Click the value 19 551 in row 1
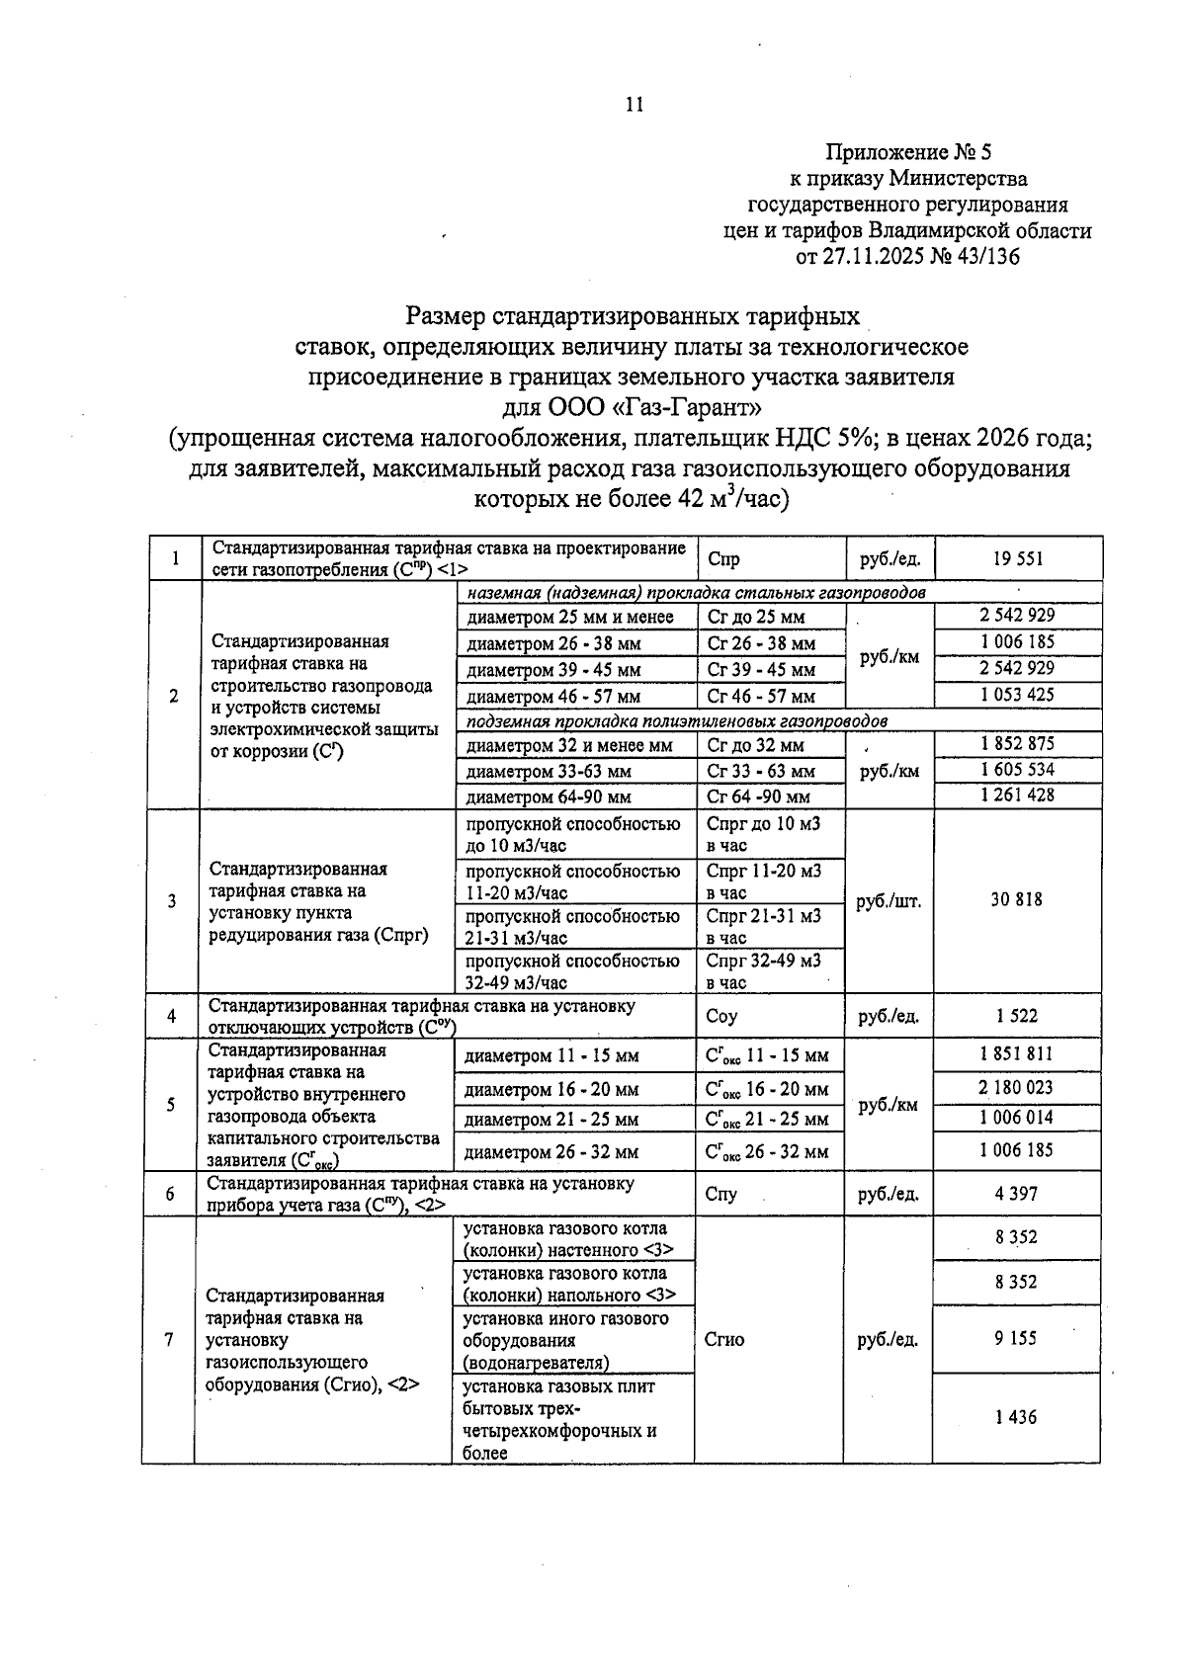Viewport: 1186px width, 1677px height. point(1017,559)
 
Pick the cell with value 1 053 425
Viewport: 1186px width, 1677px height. point(1017,695)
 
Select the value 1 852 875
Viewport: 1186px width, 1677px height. point(1017,744)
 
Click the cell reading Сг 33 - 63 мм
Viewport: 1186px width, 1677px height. point(761,771)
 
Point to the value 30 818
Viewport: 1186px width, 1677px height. point(1017,900)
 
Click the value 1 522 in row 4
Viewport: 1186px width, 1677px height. point(1017,1015)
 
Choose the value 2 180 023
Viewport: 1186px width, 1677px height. point(1017,1088)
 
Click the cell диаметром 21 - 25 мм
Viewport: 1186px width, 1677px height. point(551,1120)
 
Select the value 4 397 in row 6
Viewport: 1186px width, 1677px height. point(1017,1194)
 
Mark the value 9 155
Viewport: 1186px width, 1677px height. point(1017,1339)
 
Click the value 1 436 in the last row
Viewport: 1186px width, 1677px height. point(1017,1417)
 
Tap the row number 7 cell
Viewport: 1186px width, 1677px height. point(169,1340)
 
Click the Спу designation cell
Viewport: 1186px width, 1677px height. point(721,1194)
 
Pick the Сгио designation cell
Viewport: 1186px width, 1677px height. point(724,1340)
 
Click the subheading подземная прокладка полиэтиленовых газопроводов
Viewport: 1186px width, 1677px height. point(676,721)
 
